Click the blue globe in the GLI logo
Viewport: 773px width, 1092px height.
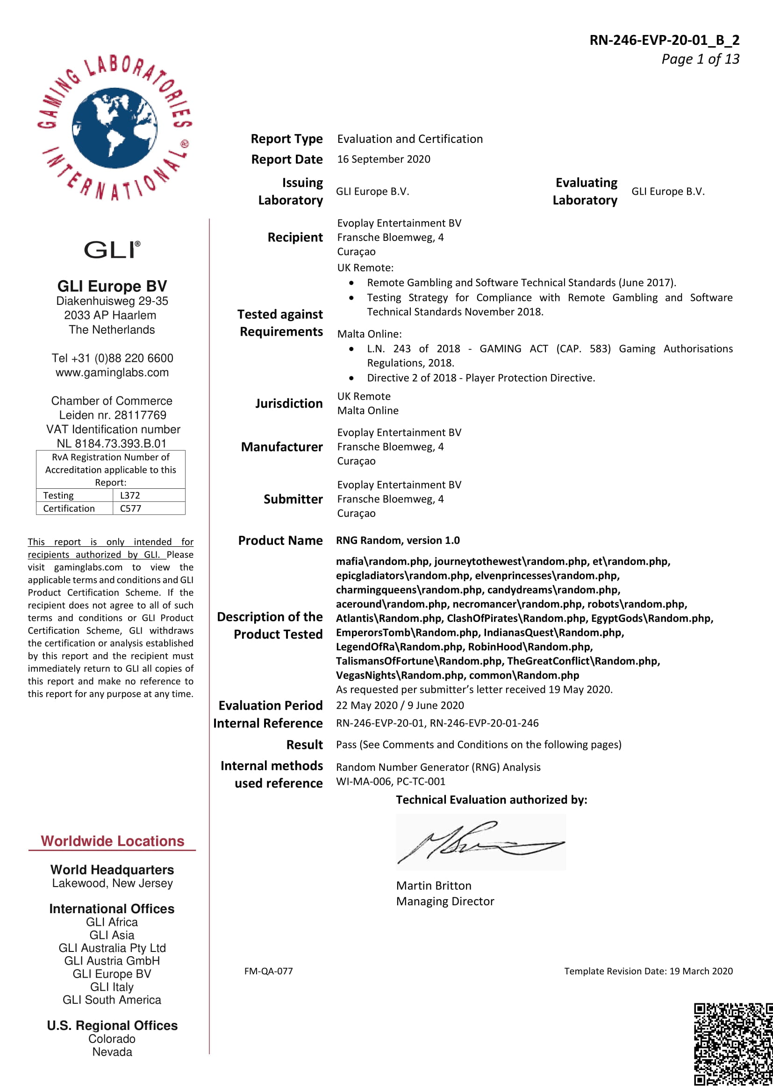pyautogui.click(x=114, y=128)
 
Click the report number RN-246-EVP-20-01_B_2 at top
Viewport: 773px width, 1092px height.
pyautogui.click(x=664, y=40)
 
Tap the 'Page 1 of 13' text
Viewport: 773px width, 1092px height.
pyautogui.click(x=700, y=59)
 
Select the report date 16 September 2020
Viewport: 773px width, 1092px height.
pyautogui.click(x=384, y=159)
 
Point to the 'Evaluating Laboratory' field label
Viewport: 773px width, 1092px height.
pyautogui.click(x=585, y=191)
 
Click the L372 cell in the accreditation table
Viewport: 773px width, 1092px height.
pyautogui.click(x=130, y=495)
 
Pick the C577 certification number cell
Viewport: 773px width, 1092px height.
pyautogui.click(x=130, y=508)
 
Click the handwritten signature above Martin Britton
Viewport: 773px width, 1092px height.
pyautogui.click(x=480, y=842)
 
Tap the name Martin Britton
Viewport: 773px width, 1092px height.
pyautogui.click(x=434, y=886)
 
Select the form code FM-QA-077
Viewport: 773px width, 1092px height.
pyautogui.click(x=268, y=971)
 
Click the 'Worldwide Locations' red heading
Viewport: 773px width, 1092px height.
pyautogui.click(x=112, y=841)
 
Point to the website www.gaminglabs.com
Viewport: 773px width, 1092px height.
pyautogui.click(x=112, y=373)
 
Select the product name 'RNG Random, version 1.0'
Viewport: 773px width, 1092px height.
pyautogui.click(x=398, y=540)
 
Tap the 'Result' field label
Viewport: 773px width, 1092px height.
pyautogui.click(x=304, y=745)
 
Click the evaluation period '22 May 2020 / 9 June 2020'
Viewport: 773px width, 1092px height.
pyautogui.click(x=400, y=705)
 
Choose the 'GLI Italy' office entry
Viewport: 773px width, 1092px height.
pyautogui.click(x=112, y=987)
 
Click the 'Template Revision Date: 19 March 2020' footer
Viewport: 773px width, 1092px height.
pyautogui.click(x=648, y=971)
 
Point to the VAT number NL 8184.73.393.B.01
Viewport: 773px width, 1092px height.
pyautogui.click(x=112, y=443)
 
